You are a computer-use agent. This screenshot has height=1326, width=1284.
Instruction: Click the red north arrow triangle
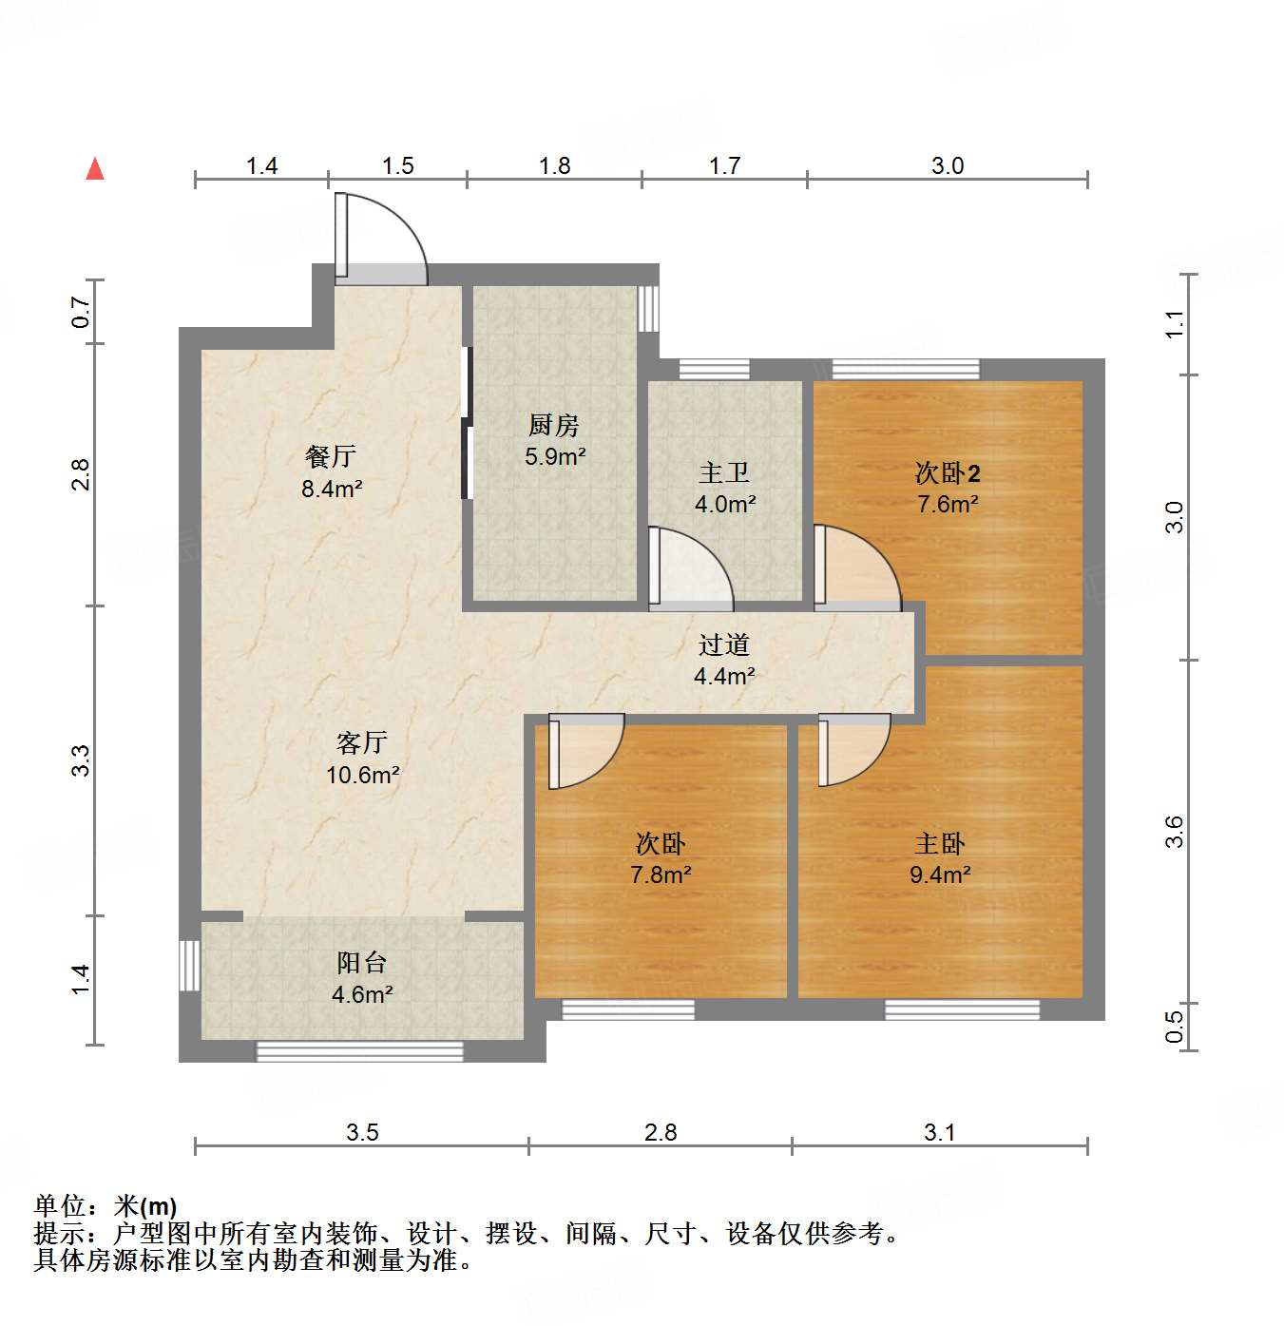[95, 169]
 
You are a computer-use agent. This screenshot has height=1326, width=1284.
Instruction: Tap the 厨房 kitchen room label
[554, 425]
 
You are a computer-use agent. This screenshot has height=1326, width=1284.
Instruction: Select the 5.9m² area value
[555, 456]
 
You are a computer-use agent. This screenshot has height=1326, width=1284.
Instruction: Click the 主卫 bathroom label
[724, 472]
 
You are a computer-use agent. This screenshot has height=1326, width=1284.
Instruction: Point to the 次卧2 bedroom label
[948, 472]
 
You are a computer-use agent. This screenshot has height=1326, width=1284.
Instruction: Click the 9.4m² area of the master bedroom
[940, 874]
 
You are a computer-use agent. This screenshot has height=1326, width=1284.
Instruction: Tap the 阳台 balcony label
[362, 963]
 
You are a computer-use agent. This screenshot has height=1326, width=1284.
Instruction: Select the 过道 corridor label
[724, 645]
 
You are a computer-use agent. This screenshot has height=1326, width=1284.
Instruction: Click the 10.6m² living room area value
[362, 775]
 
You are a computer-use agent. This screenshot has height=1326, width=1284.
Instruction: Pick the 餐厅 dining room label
[331, 456]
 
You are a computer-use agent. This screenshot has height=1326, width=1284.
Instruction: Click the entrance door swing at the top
[380, 238]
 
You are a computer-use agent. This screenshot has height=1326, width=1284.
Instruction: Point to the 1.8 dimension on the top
[554, 165]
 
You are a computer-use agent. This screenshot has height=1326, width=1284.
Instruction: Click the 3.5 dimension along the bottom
[362, 1132]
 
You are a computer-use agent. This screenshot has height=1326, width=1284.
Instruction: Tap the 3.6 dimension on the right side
[1175, 832]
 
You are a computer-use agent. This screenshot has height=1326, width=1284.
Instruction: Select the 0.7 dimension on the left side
[82, 312]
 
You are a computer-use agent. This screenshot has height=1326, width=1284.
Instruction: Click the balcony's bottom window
[359, 1050]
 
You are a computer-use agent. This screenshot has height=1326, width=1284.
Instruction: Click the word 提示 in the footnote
[59, 1234]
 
